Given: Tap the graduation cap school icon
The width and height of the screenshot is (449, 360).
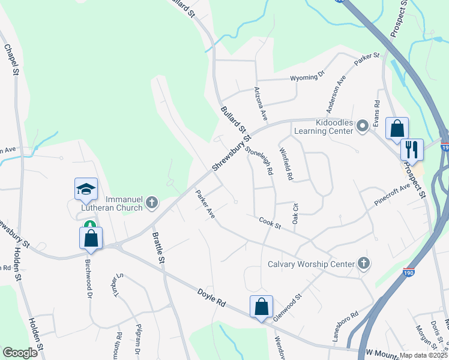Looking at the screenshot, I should [86, 188].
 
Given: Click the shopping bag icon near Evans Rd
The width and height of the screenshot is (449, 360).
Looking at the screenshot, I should [397, 128].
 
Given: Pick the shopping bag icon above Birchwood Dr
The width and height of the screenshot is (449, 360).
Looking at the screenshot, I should [91, 237].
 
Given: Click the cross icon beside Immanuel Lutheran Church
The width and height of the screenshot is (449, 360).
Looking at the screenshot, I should [152, 203].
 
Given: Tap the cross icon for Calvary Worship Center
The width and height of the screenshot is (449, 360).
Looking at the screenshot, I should [363, 263].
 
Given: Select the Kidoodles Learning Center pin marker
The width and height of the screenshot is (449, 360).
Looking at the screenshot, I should [362, 126].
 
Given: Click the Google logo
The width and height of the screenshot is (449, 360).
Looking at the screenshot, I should [20, 352].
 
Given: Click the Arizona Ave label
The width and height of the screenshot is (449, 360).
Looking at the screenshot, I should [261, 100].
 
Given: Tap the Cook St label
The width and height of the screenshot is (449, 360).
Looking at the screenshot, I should [270, 224].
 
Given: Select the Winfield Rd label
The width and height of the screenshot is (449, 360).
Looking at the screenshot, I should [286, 164].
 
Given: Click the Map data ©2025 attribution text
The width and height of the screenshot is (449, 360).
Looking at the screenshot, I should [423, 355].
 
